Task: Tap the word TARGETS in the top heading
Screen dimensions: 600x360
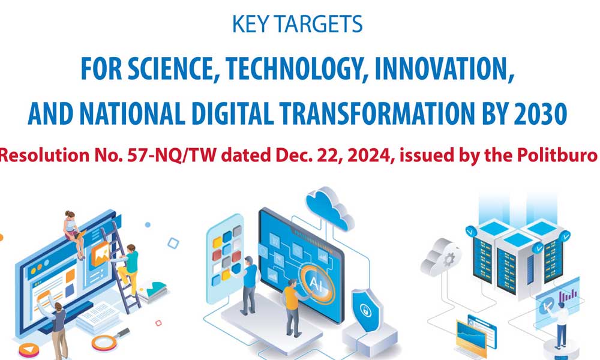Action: [319, 24]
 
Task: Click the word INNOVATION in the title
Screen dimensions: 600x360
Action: [444, 69]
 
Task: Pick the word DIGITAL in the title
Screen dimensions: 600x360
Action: [233, 114]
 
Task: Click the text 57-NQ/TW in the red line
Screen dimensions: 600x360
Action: [172, 155]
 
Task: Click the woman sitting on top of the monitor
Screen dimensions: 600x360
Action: [74, 234]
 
